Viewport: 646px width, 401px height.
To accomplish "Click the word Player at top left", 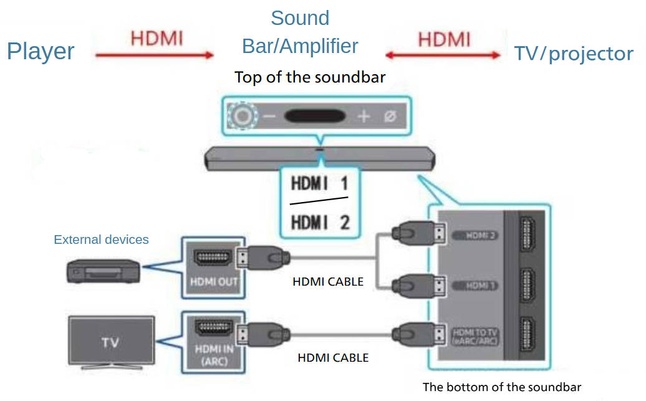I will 41,52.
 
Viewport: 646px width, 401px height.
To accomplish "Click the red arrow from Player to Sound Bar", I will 154,56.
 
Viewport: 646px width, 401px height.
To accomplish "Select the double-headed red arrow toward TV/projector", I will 443,56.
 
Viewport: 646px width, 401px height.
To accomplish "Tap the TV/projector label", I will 573,54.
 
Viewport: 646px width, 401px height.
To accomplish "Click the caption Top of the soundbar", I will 309,78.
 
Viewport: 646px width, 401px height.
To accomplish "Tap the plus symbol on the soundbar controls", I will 364,116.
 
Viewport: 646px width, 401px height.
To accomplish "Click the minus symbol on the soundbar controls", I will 269,116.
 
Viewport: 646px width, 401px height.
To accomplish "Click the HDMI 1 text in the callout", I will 319,185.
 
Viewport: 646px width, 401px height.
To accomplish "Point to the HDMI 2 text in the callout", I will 319,221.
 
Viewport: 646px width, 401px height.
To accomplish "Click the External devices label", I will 101,239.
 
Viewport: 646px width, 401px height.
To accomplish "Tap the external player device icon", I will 104,271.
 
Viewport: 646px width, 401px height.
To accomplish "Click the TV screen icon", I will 110,342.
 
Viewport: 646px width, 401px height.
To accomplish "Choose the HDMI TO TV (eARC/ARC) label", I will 475,337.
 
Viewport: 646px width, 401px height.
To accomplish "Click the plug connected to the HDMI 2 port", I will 417,234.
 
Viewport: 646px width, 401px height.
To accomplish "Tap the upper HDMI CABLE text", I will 327,282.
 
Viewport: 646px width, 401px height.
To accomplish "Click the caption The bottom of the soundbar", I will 501,387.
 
